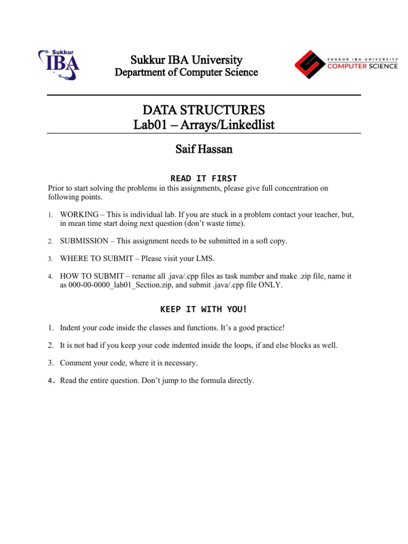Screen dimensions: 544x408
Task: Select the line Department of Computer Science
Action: tap(186, 72)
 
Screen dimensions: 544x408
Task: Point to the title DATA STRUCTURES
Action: tap(203, 110)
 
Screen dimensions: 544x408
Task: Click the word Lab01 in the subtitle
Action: tap(149, 125)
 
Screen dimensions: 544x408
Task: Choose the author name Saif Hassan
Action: tap(203, 150)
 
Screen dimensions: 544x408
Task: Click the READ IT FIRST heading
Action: tap(203, 178)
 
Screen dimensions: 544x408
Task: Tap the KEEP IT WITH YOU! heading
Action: tap(203, 309)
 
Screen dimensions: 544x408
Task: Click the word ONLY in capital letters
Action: tap(271, 285)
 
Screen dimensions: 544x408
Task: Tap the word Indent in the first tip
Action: tap(71, 327)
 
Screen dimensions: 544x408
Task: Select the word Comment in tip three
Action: tap(75, 363)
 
